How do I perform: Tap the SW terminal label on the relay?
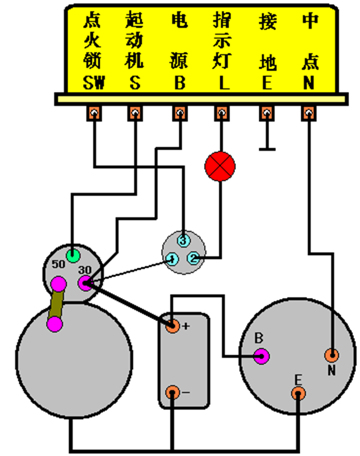(94, 83)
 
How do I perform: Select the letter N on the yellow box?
(309, 83)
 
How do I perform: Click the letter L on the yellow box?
(222, 83)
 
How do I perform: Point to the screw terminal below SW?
(94, 113)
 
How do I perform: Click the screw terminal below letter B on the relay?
(180, 113)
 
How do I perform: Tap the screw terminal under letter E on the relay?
(266, 113)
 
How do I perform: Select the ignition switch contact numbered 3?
(183, 241)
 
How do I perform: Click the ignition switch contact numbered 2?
(193, 257)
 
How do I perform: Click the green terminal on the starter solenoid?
(73, 254)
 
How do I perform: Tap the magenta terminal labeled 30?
(85, 283)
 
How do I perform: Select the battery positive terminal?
(172, 327)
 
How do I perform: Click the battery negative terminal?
(172, 393)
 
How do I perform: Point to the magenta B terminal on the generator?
(261, 356)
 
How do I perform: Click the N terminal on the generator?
(331, 356)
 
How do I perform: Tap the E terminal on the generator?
(298, 394)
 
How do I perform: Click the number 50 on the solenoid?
(58, 264)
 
